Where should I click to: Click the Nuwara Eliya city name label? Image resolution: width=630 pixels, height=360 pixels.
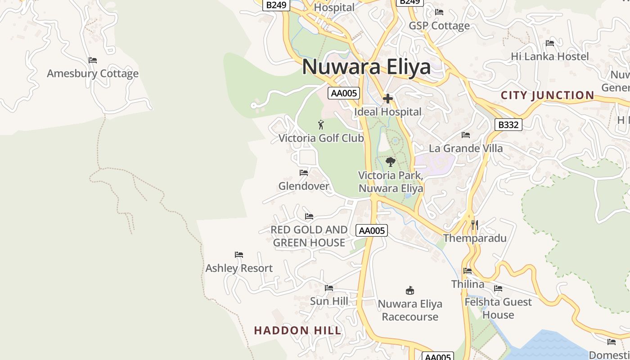pyautogui.click(x=366, y=67)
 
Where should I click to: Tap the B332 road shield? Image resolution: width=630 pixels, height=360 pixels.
pyautogui.click(x=508, y=125)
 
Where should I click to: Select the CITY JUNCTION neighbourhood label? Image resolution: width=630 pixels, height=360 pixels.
pyautogui.click(x=547, y=95)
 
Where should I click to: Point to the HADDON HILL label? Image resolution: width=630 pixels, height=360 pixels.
pyautogui.click(x=298, y=330)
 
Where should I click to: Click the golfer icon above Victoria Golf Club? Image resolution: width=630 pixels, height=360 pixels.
pyautogui.click(x=321, y=125)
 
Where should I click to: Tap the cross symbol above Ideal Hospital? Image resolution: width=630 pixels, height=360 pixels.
pyautogui.click(x=388, y=99)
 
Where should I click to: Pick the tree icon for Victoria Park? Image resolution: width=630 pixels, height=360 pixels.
pyautogui.click(x=391, y=162)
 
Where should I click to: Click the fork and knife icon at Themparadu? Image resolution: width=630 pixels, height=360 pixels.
pyautogui.click(x=475, y=225)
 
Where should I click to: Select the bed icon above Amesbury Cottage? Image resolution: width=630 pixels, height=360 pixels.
pyautogui.click(x=93, y=60)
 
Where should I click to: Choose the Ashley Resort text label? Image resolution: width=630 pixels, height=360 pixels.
pyautogui.click(x=239, y=268)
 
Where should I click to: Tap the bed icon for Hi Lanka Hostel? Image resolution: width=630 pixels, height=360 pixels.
pyautogui.click(x=549, y=43)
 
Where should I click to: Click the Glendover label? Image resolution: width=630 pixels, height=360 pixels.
pyautogui.click(x=304, y=186)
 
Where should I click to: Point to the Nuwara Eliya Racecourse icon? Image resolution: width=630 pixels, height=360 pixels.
pyautogui.click(x=409, y=290)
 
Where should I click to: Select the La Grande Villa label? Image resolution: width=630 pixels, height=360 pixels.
pyautogui.click(x=466, y=148)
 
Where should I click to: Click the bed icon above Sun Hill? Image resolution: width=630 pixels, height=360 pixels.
pyautogui.click(x=329, y=288)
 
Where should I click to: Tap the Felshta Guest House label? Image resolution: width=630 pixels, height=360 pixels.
pyautogui.click(x=498, y=308)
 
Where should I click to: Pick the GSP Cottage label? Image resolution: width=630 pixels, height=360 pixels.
pyautogui.click(x=439, y=26)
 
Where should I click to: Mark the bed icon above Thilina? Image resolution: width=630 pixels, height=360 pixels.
pyautogui.click(x=468, y=271)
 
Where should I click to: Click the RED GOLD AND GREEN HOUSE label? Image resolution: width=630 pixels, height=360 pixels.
pyautogui.click(x=309, y=236)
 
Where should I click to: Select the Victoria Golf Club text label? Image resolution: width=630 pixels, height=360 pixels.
pyautogui.click(x=321, y=138)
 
